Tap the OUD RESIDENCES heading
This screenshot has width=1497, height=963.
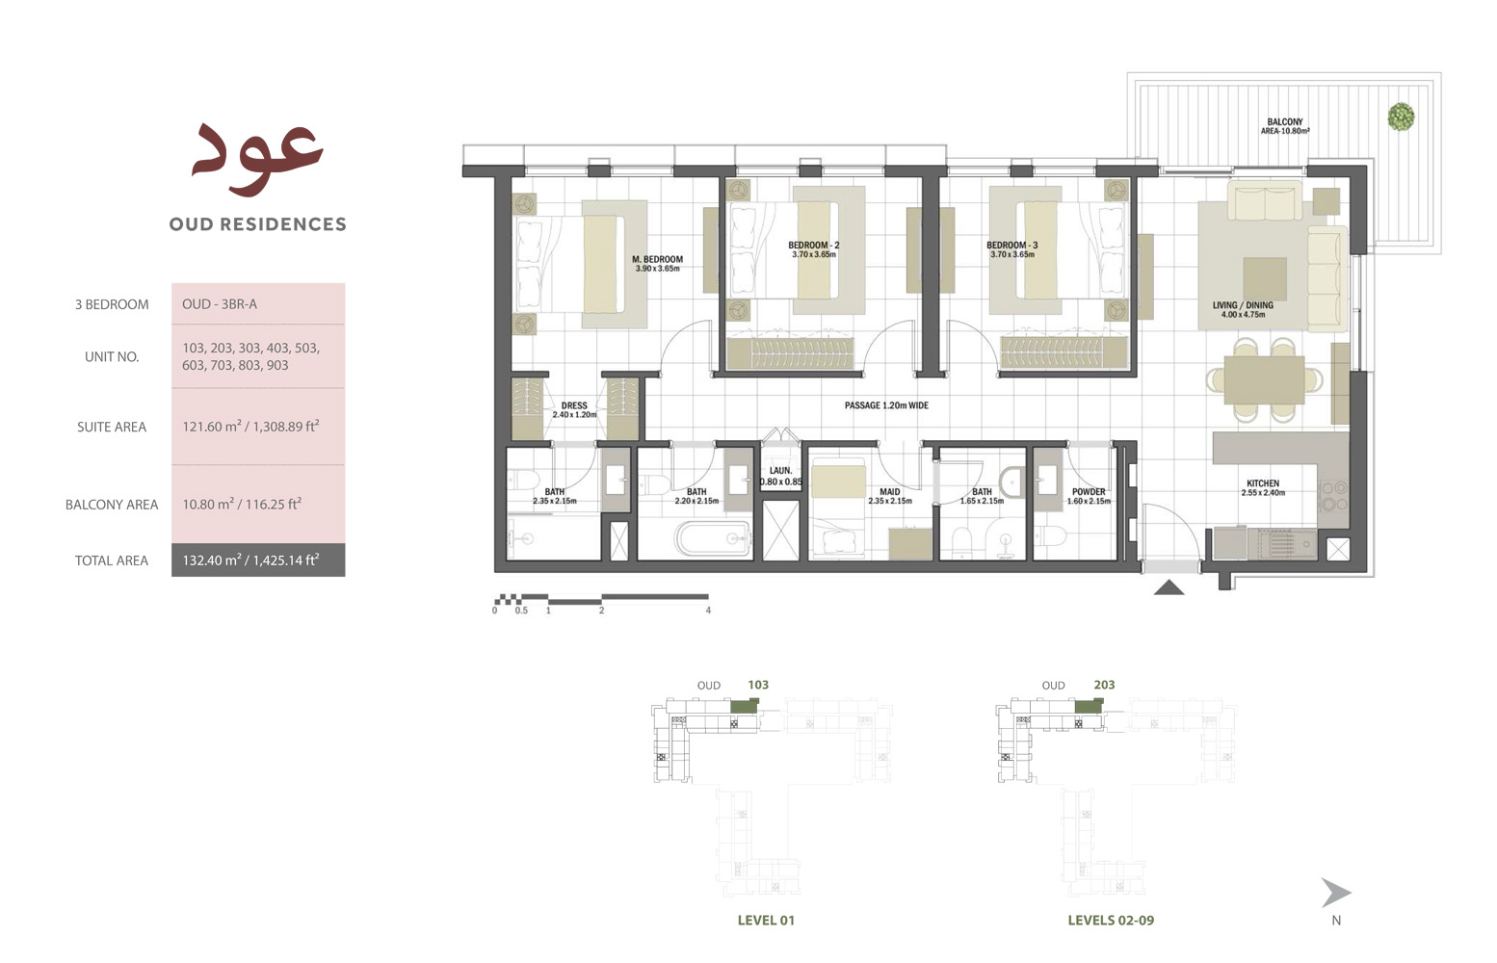[257, 224]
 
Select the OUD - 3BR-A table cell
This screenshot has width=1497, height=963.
[220, 304]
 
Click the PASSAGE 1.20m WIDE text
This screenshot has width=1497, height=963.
[886, 405]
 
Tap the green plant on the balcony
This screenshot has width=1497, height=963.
[1400, 117]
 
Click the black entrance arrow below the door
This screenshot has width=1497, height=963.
[1169, 586]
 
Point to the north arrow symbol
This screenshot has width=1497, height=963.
[1335, 893]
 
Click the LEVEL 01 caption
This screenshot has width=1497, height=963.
[766, 920]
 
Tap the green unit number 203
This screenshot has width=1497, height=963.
[1104, 685]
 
